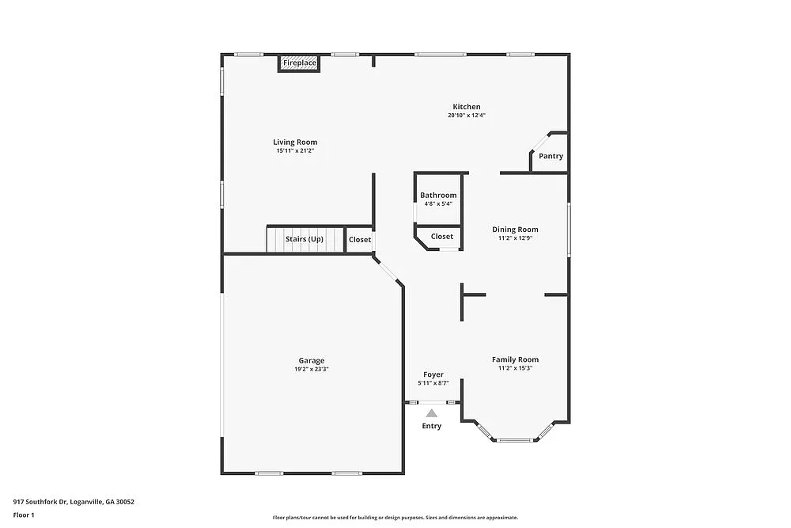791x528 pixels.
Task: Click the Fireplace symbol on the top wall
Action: click(x=300, y=63)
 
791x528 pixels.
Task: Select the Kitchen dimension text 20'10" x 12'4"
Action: click(x=467, y=116)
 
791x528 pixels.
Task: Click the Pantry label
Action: click(x=551, y=156)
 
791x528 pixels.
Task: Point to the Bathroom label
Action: click(x=438, y=196)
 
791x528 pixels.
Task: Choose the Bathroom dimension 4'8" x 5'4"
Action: click(x=438, y=204)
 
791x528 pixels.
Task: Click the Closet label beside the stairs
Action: click(x=360, y=239)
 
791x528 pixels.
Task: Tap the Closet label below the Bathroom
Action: click(x=442, y=236)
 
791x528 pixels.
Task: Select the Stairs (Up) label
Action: click(x=305, y=239)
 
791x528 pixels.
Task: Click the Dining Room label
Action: click(x=516, y=230)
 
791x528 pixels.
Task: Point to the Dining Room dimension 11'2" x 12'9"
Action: click(x=516, y=237)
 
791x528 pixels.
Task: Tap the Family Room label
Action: click(x=516, y=359)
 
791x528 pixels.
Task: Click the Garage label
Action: click(x=312, y=361)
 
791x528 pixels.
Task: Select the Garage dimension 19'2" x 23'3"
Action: click(x=312, y=370)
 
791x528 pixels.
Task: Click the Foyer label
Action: click(x=433, y=374)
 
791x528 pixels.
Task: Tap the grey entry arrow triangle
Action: click(x=431, y=412)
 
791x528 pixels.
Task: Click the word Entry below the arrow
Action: click(x=432, y=426)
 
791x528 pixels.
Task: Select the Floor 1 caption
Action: click(x=24, y=515)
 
